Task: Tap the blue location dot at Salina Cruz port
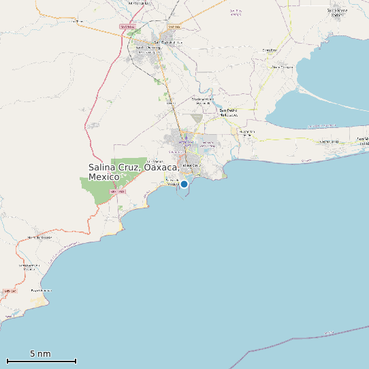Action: (x=184, y=184)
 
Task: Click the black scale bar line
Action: (x=41, y=361)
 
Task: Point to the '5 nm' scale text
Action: (x=40, y=353)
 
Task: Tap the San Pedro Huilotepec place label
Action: (x=228, y=112)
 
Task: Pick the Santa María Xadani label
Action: (x=339, y=12)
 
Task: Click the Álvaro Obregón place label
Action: (x=283, y=67)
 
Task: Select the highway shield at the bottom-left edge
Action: (x=10, y=291)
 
